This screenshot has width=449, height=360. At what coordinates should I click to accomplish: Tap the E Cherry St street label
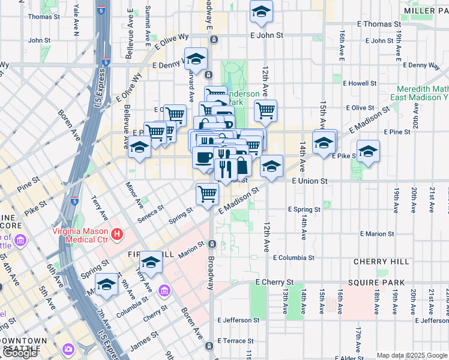point(274,282)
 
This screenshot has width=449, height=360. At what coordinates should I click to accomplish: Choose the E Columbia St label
point(294,257)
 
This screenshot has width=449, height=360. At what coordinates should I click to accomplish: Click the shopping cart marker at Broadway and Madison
point(207,194)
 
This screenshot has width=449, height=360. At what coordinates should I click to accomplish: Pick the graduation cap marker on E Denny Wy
point(196,59)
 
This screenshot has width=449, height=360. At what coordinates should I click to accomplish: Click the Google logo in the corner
point(20,352)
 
